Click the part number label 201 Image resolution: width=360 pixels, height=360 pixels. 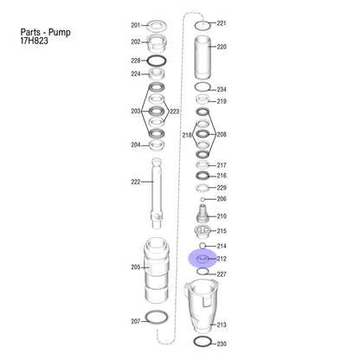pos(135,25)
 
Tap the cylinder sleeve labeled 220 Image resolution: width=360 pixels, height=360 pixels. pos(202,57)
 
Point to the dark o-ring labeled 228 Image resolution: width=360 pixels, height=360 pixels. pos(157,61)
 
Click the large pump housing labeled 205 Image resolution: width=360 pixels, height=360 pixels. pos(157,270)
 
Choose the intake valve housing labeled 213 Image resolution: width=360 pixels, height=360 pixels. pos(202,305)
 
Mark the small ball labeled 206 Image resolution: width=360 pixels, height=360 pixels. pos(202,199)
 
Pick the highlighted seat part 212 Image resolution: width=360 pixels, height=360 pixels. pos(202,259)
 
